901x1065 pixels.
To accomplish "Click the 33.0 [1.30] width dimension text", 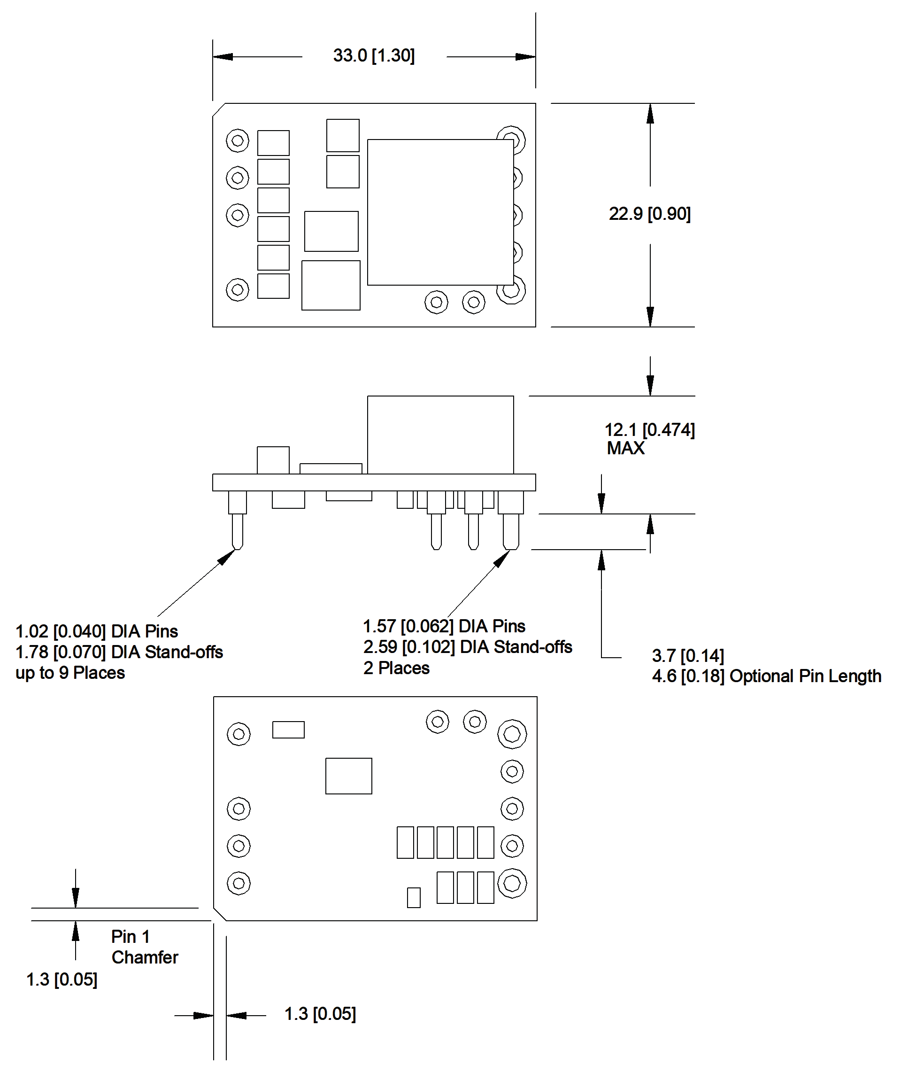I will [x=374, y=56].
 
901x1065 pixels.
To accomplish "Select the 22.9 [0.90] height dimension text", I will [x=649, y=214].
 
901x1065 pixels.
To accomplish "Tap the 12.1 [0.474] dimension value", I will [x=649, y=430].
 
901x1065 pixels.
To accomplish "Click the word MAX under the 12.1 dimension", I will [x=625, y=449].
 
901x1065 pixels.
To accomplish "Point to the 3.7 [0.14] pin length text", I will [x=687, y=656].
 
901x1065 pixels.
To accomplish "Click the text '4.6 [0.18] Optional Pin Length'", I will [x=766, y=676].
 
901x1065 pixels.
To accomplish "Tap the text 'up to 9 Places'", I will [x=70, y=673].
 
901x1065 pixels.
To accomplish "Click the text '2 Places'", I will [x=396, y=669].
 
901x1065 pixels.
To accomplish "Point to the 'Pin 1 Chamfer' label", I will [x=144, y=947].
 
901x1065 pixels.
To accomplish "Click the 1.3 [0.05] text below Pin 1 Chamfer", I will [x=62, y=979].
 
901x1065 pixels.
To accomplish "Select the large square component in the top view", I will [x=440, y=212].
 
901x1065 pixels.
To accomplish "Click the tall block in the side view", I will [x=440, y=435].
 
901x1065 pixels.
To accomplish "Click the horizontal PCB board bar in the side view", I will [x=374, y=482].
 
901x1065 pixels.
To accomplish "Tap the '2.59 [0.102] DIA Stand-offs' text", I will [x=467, y=647].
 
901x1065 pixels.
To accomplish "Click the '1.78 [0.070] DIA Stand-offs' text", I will [x=119, y=653].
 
